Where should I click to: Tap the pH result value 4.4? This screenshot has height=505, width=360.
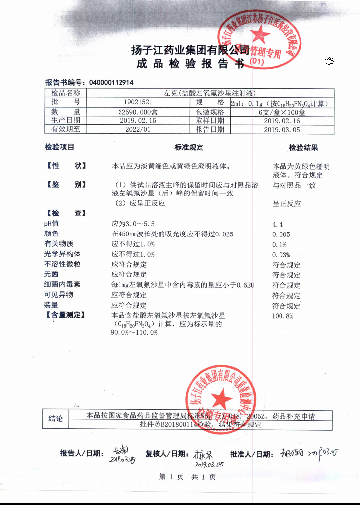[x=278, y=224]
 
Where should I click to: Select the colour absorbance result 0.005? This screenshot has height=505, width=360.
[x=281, y=234]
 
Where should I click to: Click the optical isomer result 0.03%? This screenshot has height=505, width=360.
[x=281, y=255]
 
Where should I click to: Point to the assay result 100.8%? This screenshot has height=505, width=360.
[x=282, y=316]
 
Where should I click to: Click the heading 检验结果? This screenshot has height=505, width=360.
[x=303, y=147]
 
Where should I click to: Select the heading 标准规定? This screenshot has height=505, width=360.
[x=189, y=147]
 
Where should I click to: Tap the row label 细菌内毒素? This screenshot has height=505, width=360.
[x=62, y=285]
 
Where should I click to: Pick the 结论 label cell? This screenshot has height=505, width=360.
[x=56, y=419]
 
